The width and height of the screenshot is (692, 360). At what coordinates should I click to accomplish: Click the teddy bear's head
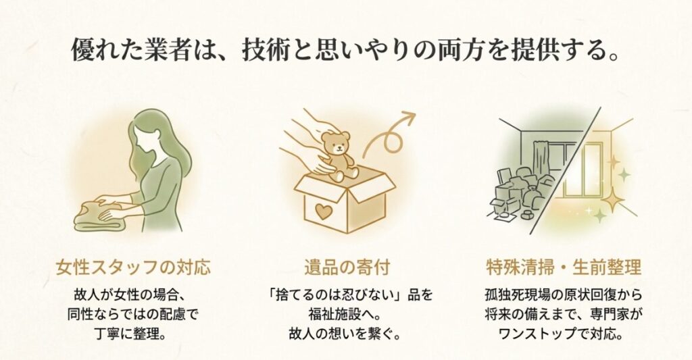336,143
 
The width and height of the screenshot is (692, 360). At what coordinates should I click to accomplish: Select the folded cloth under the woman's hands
101,216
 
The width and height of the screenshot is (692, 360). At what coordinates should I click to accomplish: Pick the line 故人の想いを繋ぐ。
346,333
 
